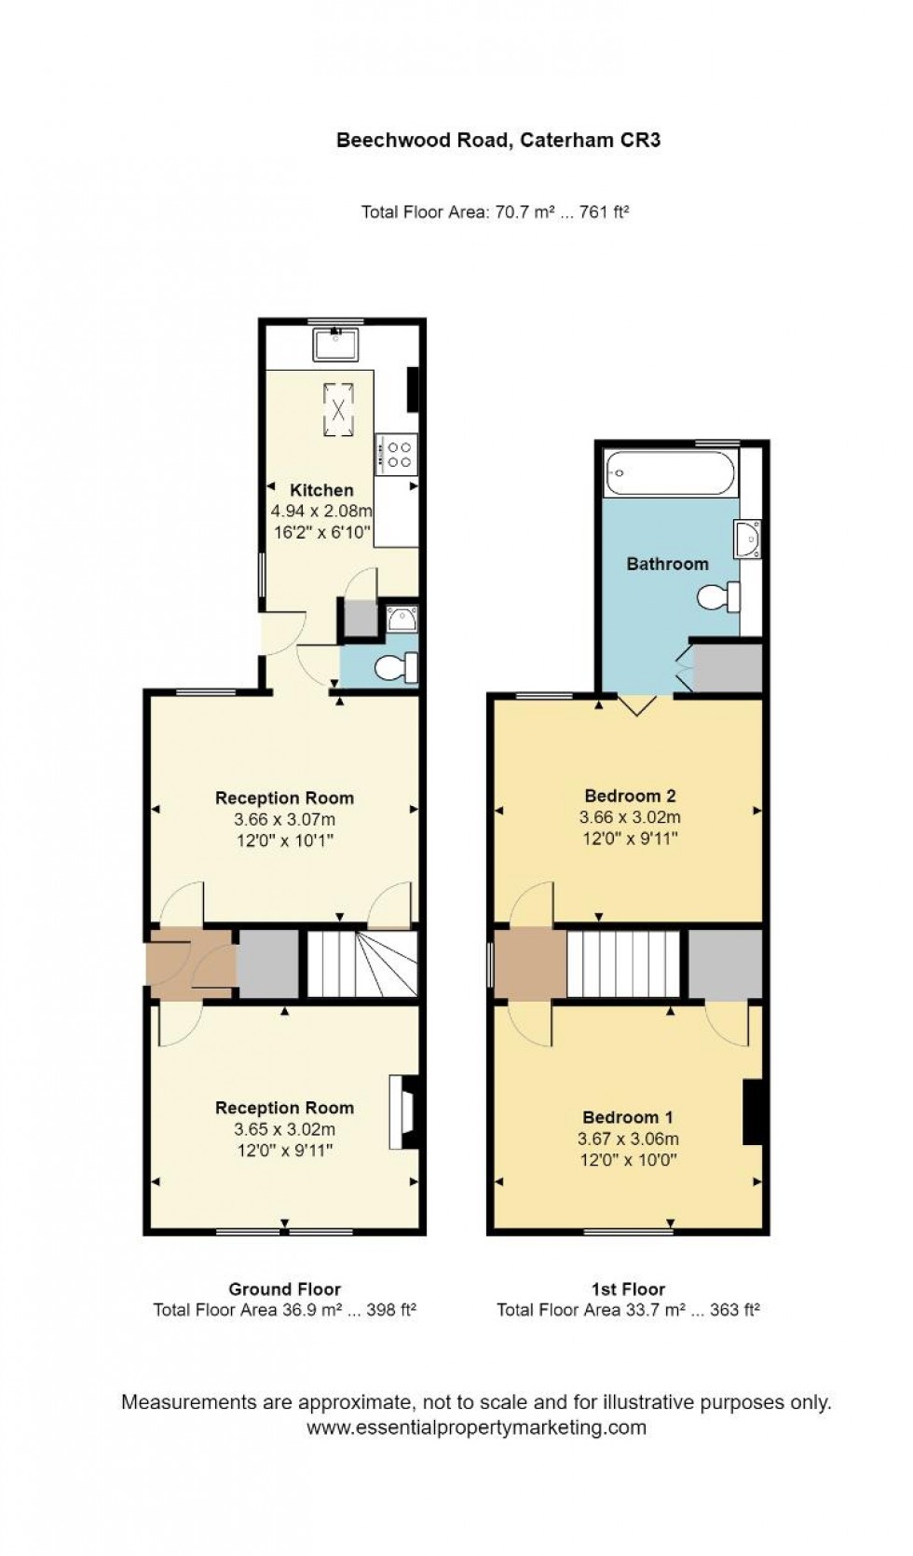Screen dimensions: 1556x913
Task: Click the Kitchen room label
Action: click(321, 490)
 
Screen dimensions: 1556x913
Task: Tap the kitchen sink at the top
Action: click(339, 345)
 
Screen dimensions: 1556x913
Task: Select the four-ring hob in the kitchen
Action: click(398, 454)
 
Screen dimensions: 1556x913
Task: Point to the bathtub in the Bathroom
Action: click(670, 472)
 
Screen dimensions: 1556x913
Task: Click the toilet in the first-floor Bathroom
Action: click(720, 596)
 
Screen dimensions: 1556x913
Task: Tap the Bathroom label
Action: click(667, 564)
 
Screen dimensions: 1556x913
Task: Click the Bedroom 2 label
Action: click(630, 796)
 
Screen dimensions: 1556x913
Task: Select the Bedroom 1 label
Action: click(628, 1117)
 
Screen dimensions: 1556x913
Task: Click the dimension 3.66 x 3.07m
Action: click(284, 820)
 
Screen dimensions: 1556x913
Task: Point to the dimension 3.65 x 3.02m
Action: click(284, 1129)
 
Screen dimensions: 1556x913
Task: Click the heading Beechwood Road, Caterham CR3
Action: click(498, 141)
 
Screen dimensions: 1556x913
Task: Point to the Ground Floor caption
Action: click(284, 1290)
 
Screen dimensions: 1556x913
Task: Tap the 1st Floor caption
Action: click(628, 1290)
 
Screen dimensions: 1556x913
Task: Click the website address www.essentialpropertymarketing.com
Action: click(476, 1427)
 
